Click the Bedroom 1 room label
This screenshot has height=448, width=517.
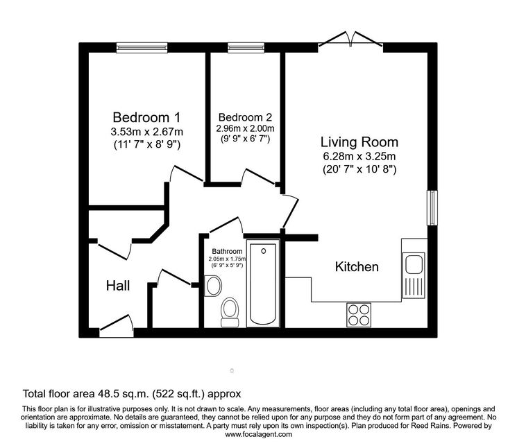point(146,117)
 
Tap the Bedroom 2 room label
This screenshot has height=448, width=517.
point(245,117)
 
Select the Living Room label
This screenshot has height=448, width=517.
point(359,142)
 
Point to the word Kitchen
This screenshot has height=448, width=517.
point(357,266)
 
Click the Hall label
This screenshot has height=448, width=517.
point(118,286)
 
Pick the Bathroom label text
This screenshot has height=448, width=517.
point(227,251)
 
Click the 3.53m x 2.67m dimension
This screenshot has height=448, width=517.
point(146,132)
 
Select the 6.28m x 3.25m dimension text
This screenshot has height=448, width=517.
point(359,156)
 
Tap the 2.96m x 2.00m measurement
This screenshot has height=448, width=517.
point(245,128)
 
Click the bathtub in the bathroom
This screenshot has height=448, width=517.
point(263,284)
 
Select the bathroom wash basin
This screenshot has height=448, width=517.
point(212,286)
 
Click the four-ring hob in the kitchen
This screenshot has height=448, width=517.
point(359,315)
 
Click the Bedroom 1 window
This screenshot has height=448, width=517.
point(142,48)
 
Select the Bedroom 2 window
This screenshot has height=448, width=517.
point(246,48)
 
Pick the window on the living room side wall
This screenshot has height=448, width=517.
point(432,208)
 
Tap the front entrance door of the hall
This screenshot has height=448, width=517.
point(117,326)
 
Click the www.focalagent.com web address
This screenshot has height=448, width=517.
point(258,434)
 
